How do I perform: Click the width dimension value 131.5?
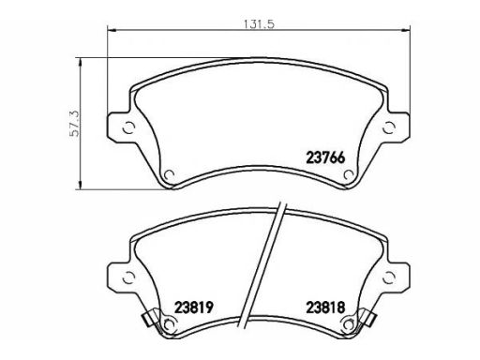[x=259, y=23]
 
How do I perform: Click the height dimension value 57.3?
[x=75, y=124]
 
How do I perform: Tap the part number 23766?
[x=325, y=157]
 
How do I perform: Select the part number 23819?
[x=194, y=307]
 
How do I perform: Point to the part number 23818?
[x=325, y=307]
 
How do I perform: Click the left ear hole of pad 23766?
[x=128, y=127]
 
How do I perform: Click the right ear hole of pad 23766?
[x=389, y=127]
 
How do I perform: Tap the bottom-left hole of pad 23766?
[x=170, y=175]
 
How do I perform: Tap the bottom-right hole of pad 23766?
[x=349, y=175]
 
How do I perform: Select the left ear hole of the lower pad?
[x=128, y=277]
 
